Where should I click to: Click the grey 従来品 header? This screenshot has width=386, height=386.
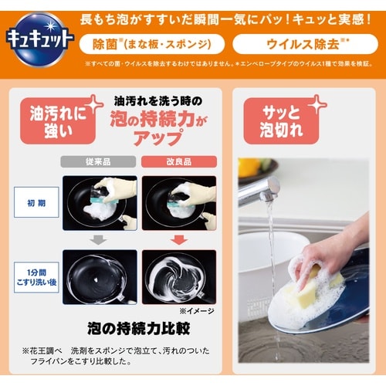pos(99,163)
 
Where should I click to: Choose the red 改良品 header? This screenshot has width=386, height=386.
pos(179,163)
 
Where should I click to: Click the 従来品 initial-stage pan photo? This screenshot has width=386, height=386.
pos(100,202)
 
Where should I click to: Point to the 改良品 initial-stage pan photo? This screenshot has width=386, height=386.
pos(180,202)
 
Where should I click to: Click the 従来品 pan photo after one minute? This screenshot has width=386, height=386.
pos(100,276)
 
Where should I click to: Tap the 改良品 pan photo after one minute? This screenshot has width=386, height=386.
pos(180,276)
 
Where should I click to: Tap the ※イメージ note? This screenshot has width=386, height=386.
pos(196,310)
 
